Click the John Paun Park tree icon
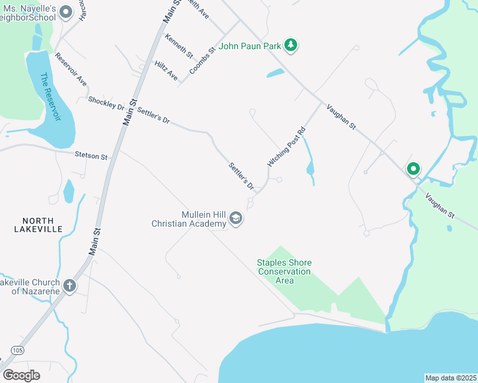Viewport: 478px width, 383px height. tap(291, 45)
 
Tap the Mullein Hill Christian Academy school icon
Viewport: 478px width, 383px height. tap(236, 220)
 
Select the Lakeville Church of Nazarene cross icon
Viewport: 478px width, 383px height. tap(69, 286)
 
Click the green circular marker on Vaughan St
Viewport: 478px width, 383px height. tap(413, 169)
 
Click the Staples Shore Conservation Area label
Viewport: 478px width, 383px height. tap(284, 271)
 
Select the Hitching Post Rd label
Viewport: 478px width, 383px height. tap(287, 147)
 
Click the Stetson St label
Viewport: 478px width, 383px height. tap(91, 155)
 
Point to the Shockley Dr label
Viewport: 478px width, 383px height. tap(106, 101)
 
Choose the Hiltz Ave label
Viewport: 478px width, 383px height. tap(166, 70)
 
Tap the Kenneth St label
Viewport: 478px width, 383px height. tap(179, 46)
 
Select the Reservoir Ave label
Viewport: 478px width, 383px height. tap(70, 69)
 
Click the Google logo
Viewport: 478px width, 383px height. tap(20, 375)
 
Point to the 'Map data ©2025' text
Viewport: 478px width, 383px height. tap(451, 378)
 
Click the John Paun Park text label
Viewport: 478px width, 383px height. tap(251, 46)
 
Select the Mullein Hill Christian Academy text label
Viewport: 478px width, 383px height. tap(189, 220)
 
